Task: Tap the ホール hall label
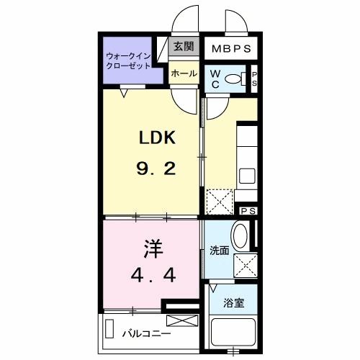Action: pyautogui.click(x=184, y=73)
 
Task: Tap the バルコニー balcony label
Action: pyautogui.click(x=146, y=333)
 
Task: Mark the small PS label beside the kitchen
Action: pyautogui.click(x=248, y=210)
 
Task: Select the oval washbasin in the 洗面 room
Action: pyautogui.click(x=241, y=235)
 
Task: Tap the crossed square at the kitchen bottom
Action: pyautogui.click(x=219, y=201)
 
